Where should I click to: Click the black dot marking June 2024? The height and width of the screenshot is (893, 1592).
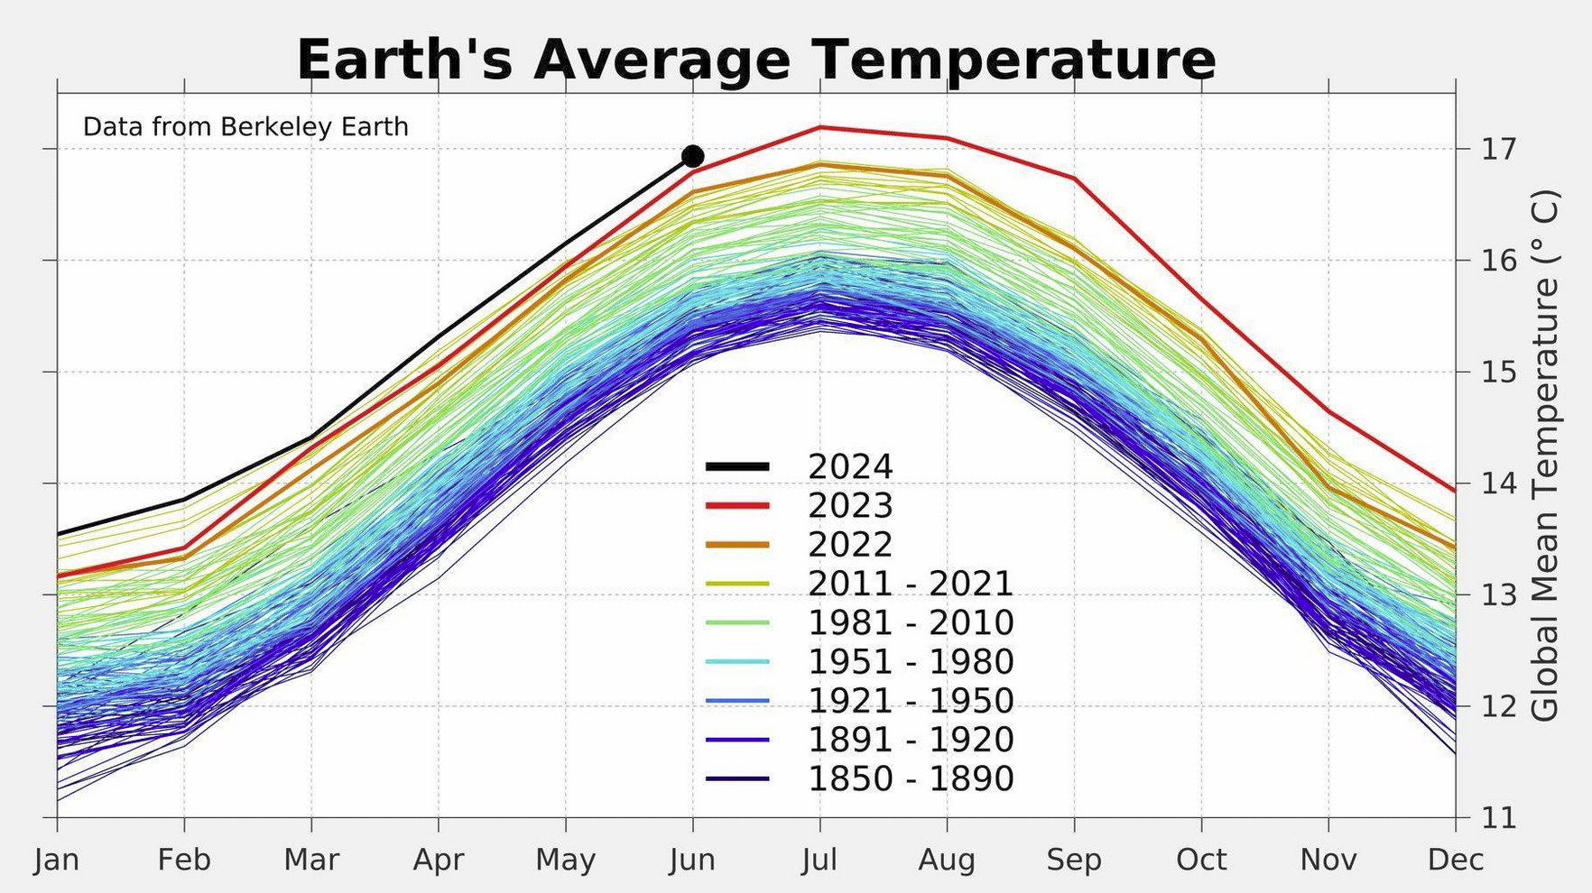point(692,157)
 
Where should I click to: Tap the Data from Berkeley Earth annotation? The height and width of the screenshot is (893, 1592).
point(245,127)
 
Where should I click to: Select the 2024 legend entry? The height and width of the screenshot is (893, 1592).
point(849,467)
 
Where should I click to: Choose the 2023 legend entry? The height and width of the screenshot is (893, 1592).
point(849,506)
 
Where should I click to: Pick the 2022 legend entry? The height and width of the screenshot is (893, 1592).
point(849,545)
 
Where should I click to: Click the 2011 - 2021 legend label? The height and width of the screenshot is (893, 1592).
point(910,584)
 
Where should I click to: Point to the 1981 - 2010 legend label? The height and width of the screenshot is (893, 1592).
point(910,622)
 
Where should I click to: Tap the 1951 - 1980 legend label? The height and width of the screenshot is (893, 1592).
point(910,662)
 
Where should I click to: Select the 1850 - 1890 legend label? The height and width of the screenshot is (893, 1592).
point(910,778)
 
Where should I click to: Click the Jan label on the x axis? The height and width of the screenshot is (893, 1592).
point(57,860)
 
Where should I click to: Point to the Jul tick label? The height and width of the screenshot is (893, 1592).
point(819,860)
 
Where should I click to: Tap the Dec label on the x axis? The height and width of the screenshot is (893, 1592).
point(1455,860)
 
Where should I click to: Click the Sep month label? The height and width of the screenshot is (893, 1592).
point(1074,860)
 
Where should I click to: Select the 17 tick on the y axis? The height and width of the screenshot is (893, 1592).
point(1498,149)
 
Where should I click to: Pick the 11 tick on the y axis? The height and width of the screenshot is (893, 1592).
point(1498,818)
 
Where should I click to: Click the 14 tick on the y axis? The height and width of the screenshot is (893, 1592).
point(1498,483)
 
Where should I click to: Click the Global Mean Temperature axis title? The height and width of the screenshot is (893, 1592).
point(1545,455)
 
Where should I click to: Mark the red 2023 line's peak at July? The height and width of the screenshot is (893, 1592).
point(819,127)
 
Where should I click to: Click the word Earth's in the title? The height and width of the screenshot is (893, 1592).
point(405,60)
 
